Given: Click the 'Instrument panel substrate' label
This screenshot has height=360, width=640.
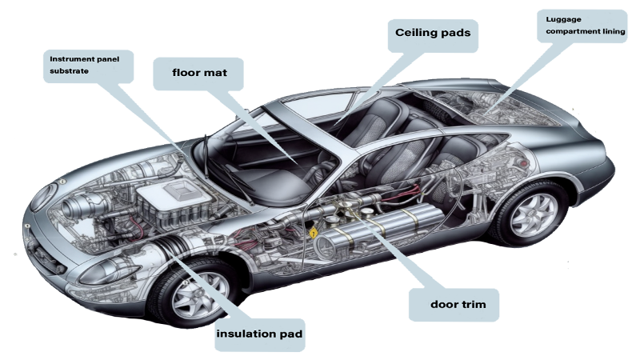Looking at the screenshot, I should tap(86, 65).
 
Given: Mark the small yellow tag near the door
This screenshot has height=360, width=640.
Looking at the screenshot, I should tap(313, 232).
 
